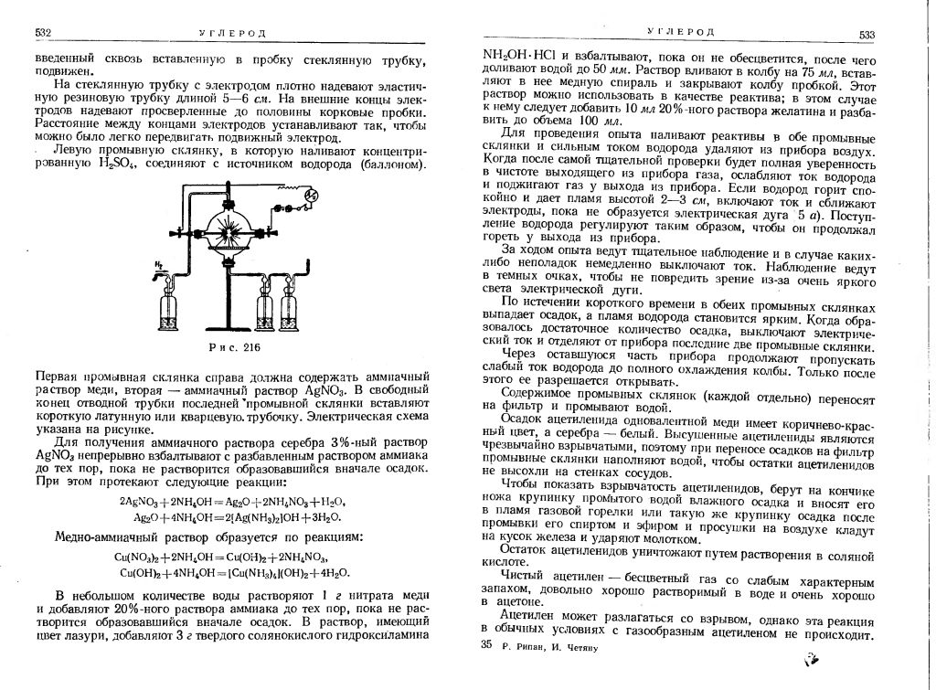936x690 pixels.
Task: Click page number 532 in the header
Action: click(43, 33)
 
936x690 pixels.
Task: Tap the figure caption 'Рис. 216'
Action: click(236, 348)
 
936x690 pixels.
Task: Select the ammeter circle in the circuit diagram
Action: click(310, 195)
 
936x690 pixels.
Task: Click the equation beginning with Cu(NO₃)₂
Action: click(223, 557)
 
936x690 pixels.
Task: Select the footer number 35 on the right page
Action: click(485, 645)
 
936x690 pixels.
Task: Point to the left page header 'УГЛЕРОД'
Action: click(241, 34)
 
